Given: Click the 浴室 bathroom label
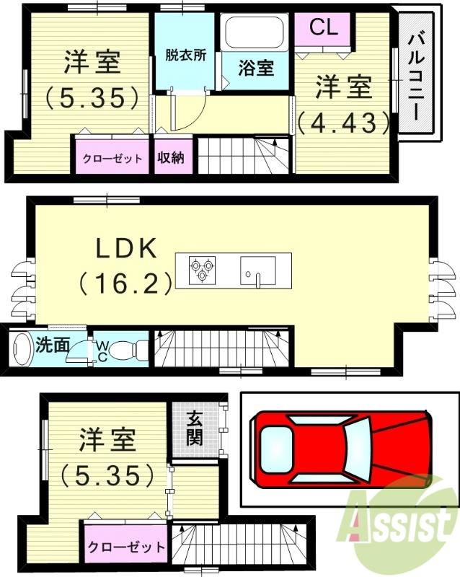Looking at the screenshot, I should pyautogui.click(x=256, y=69).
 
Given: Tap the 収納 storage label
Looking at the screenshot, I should pyautogui.click(x=171, y=158).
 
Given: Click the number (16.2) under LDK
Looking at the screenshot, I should pyautogui.click(x=125, y=281).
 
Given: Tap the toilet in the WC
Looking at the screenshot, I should pyautogui.click(x=128, y=350).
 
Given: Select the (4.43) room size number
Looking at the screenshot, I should pyautogui.click(x=343, y=123).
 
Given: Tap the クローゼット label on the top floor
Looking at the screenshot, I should pyautogui.click(x=112, y=159).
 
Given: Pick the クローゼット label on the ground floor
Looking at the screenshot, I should pyautogui.click(x=126, y=547).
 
